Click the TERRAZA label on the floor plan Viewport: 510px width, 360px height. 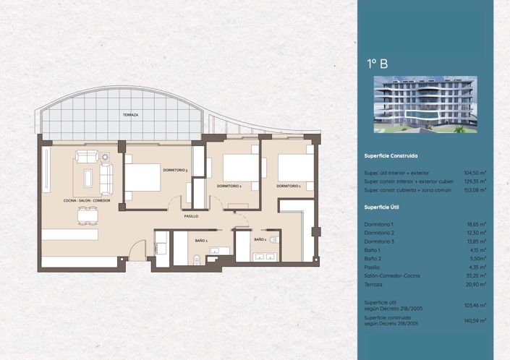130,115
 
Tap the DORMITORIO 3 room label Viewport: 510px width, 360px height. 176,170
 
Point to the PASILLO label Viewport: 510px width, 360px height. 191,215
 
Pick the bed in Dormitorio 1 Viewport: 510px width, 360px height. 296,168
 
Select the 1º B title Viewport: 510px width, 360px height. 377,64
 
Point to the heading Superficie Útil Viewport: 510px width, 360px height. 383,207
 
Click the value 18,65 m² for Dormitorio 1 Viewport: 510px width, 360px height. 477,224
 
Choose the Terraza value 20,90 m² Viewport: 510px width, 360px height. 477,284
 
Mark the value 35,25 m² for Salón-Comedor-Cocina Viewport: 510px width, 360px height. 477,275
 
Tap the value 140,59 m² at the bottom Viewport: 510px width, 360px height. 475,320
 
